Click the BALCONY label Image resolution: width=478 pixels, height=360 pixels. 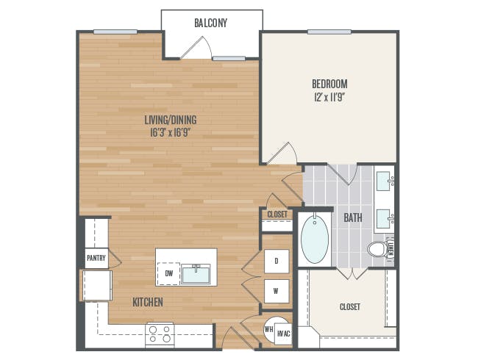pyautogui.click(x=210, y=24)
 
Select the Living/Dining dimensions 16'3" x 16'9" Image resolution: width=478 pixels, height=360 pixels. pyautogui.click(x=171, y=133)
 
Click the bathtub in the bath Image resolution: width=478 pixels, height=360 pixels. pyautogui.click(x=315, y=239)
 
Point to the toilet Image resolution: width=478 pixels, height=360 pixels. pyautogui.click(x=377, y=249)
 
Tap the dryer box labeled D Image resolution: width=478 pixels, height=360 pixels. pyautogui.click(x=277, y=261)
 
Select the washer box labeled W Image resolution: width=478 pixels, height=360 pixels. pyautogui.click(x=277, y=291)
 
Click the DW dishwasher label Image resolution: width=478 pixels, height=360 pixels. pyautogui.click(x=169, y=273)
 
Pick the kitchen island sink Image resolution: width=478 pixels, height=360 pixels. pyautogui.click(x=196, y=274)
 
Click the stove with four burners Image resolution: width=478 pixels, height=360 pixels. pyautogui.click(x=160, y=335)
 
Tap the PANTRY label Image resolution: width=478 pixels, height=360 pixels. pyautogui.click(x=96, y=259)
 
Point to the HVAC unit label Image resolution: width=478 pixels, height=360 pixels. pyautogui.click(x=284, y=334)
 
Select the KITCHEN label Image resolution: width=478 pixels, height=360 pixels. pyautogui.click(x=148, y=302)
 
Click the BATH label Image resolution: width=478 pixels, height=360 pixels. pyautogui.click(x=353, y=217)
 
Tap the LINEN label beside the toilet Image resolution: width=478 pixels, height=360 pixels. pyautogui.click(x=391, y=249)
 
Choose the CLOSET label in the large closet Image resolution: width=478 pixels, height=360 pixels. pyautogui.click(x=350, y=306)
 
